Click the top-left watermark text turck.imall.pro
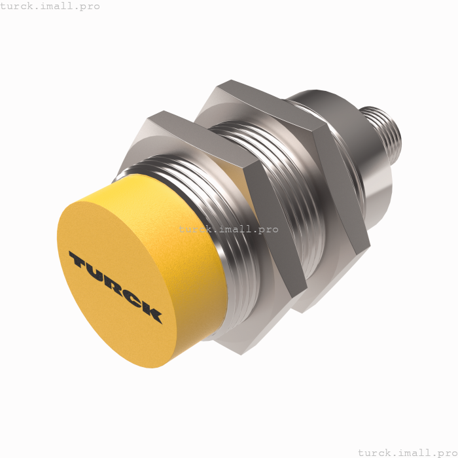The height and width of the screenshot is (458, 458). [50, 6]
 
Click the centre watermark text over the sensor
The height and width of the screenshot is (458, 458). [228, 230]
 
